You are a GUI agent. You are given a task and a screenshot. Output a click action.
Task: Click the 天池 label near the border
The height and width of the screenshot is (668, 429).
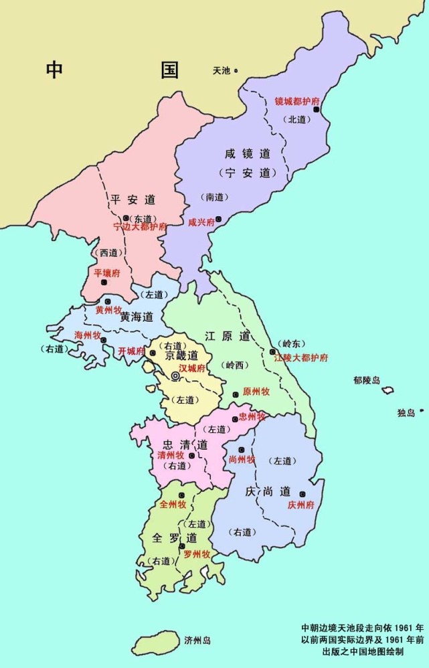point(221,70)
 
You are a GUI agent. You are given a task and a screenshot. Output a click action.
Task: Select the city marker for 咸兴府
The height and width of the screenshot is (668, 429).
point(218,219)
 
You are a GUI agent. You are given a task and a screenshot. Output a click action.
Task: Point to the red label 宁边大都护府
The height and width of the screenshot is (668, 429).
point(140,227)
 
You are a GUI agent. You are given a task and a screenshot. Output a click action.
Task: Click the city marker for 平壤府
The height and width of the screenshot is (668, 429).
point(104,282)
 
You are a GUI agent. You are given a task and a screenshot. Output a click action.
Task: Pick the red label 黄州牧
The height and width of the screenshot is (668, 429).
point(108,311)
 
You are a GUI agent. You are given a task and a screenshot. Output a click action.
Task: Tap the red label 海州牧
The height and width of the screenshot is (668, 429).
point(87,334)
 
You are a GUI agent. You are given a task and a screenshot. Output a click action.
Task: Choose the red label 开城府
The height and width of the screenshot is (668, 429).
point(131,351)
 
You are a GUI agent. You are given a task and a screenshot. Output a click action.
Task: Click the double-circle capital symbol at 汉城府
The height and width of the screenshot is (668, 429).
point(175,377)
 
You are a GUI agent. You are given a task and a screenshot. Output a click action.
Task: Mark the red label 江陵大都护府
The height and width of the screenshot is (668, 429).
point(301,358)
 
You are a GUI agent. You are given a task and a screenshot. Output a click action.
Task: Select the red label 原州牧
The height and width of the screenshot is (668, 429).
point(256,392)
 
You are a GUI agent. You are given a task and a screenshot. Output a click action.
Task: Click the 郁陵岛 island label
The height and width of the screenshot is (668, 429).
point(367,380)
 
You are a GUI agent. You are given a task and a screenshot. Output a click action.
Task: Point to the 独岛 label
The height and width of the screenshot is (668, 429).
point(406,413)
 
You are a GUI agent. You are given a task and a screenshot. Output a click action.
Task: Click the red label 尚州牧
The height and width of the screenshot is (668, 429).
point(242,459)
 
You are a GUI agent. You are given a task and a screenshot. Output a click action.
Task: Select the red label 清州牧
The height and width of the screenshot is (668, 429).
point(170,455)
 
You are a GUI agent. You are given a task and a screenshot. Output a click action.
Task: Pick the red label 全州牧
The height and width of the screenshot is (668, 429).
point(173,505)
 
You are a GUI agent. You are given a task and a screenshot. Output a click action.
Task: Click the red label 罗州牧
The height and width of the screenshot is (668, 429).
point(197,554)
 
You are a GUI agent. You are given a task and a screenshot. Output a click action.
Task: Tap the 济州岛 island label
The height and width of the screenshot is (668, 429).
point(197,641)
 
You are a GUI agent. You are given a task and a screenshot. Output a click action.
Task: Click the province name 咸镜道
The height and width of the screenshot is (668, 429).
point(248,154)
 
